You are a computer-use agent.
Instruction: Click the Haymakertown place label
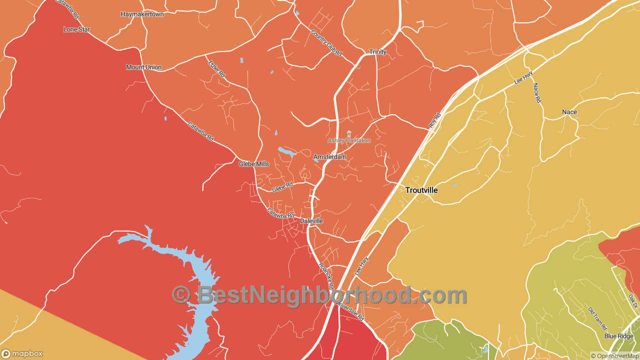[x=142, y=14]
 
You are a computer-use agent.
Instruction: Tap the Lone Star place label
[x=76, y=29]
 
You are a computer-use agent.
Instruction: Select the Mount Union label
[x=143, y=67]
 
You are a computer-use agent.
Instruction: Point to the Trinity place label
[x=377, y=52]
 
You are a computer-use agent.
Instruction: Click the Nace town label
[x=569, y=112]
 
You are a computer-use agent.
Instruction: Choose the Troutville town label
[x=421, y=190]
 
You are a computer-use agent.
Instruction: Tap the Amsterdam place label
[x=329, y=157]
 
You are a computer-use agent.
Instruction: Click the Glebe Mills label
[x=253, y=164]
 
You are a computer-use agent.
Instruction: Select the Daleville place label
[x=311, y=221]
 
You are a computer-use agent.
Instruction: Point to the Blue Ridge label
[x=618, y=336]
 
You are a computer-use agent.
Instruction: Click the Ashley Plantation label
[x=349, y=140]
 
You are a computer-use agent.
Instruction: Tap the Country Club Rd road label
[x=326, y=43]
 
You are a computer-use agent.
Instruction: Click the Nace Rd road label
[x=537, y=93]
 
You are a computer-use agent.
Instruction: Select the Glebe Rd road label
[x=282, y=187]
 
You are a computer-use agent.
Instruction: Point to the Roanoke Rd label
[x=326, y=275]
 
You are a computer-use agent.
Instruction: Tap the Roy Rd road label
[x=435, y=120]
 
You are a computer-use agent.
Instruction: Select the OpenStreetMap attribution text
[x=614, y=356]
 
